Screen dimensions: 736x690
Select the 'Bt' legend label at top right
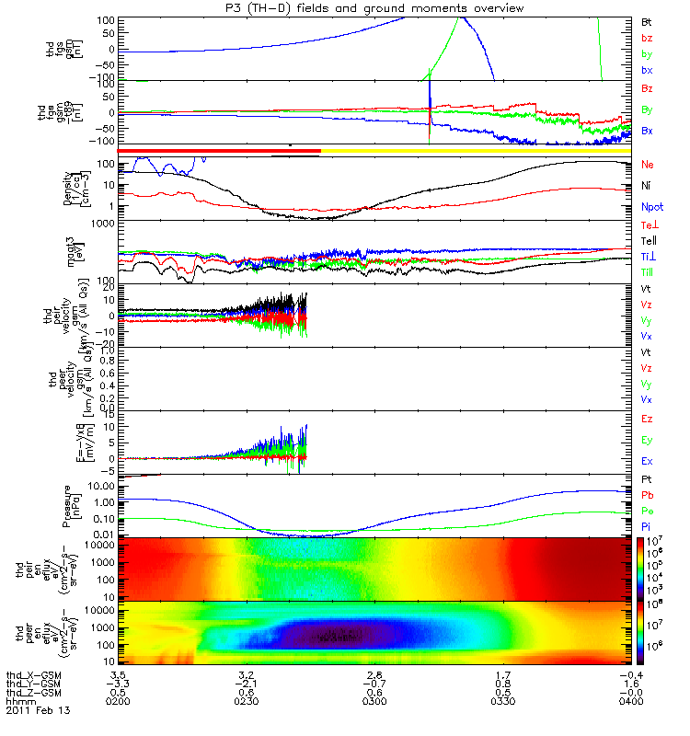point(647,20)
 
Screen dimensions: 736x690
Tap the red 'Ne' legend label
point(647,165)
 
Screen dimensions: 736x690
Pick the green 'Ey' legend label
point(647,440)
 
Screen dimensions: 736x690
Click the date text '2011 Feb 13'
point(38,711)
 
